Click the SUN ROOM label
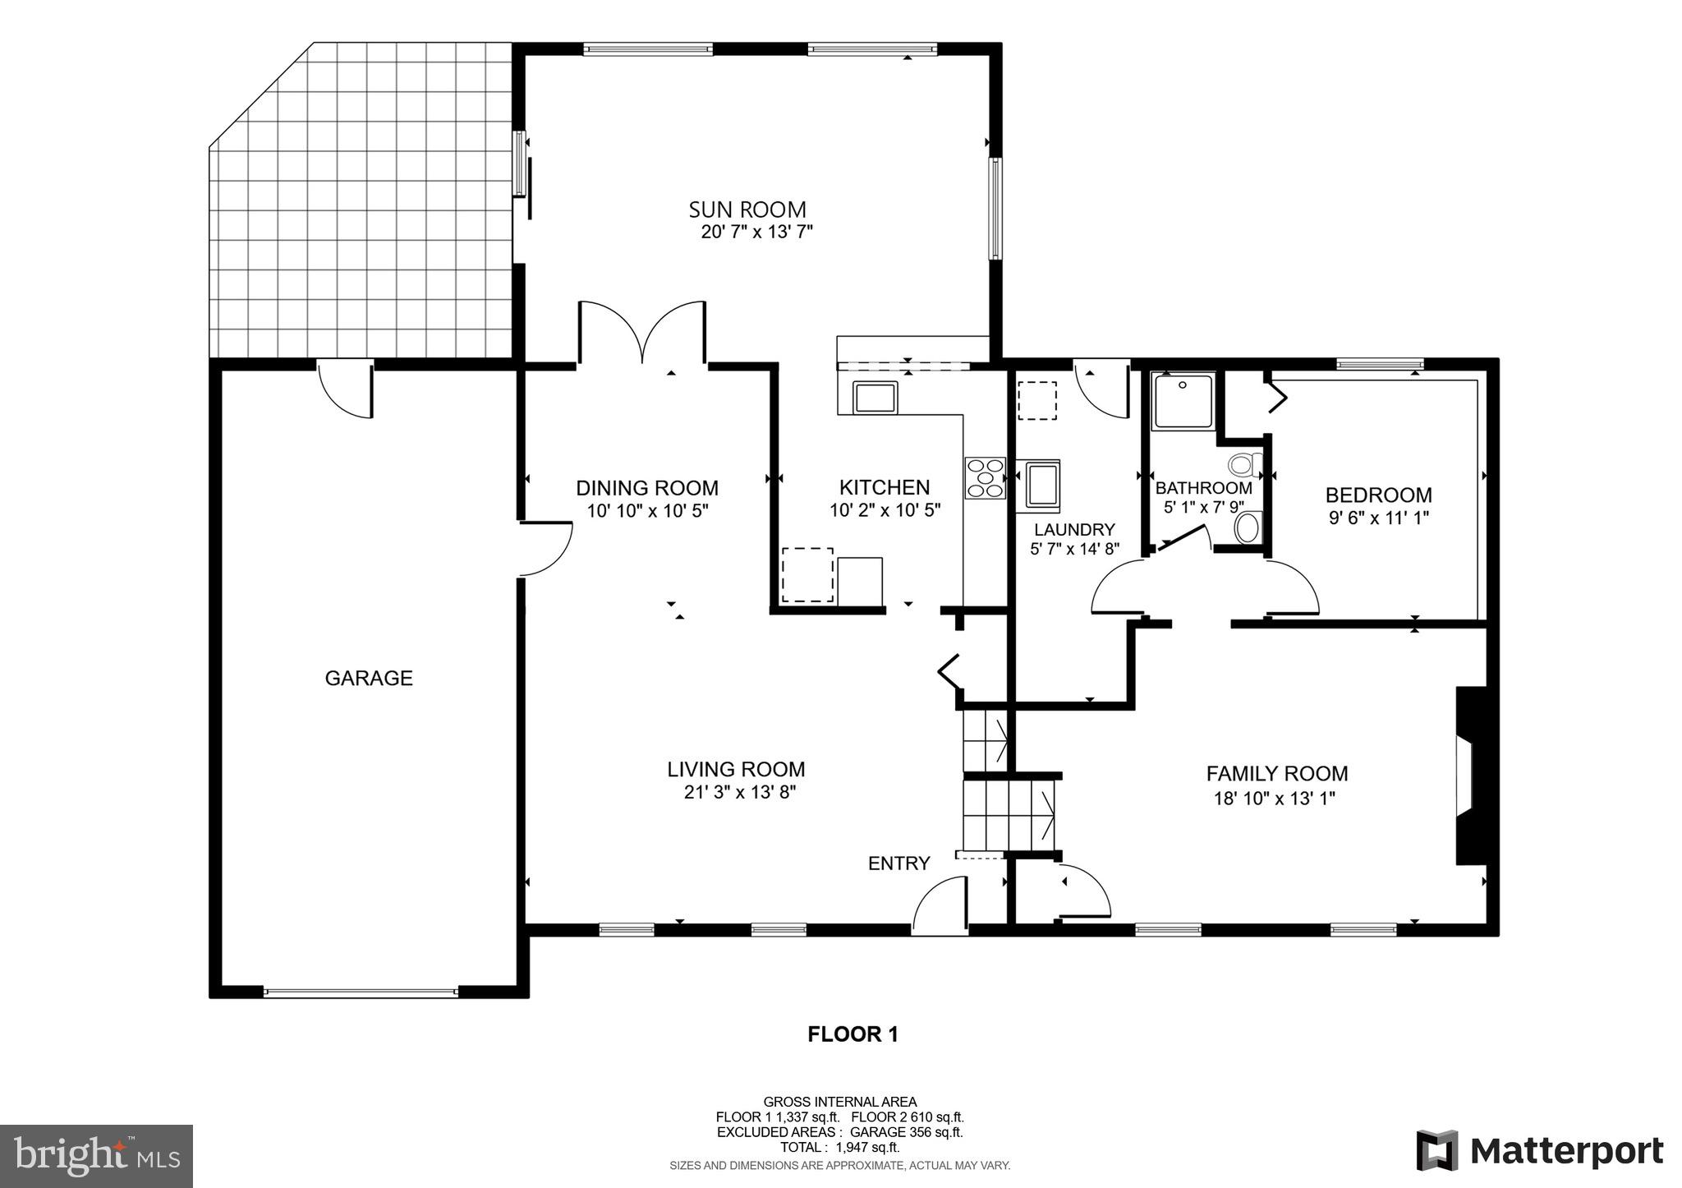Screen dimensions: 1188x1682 747,210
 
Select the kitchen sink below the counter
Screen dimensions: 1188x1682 876,398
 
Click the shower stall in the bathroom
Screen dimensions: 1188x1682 1183,401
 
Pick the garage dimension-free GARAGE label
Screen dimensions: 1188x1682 369,679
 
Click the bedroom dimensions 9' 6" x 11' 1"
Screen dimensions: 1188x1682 1378,518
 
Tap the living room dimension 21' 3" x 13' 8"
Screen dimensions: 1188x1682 735,793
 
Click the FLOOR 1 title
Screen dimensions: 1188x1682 852,1034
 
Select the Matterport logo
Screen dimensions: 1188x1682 1539,1151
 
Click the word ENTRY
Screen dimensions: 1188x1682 898,863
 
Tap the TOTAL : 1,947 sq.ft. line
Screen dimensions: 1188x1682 839,1148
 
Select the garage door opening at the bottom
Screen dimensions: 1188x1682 361,992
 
